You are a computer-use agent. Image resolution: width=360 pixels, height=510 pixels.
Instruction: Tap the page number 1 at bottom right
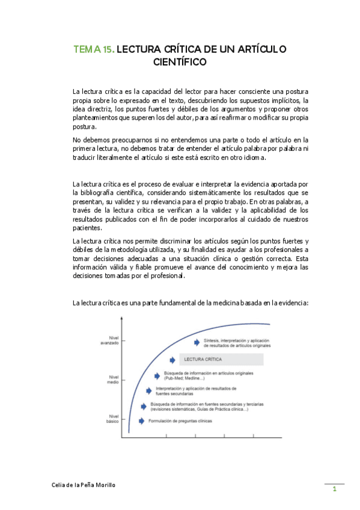(x=335, y=490)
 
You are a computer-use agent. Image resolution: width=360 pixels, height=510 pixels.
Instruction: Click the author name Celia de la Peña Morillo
(x=84, y=484)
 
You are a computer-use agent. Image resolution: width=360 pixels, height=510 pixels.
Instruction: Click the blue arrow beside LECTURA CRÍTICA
(x=172, y=360)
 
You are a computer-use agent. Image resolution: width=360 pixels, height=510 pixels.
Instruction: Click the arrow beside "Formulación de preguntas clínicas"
(x=142, y=421)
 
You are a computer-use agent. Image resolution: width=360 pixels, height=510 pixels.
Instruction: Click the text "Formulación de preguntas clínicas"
(x=180, y=421)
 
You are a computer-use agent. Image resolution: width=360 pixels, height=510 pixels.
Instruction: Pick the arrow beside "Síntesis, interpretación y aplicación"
(x=197, y=342)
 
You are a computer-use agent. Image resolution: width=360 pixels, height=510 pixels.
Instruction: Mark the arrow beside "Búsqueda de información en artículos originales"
(x=159, y=376)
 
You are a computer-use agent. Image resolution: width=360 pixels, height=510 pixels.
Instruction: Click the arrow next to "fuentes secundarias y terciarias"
(x=145, y=406)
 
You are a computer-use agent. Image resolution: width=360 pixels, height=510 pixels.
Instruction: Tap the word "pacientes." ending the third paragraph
(x=87, y=228)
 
